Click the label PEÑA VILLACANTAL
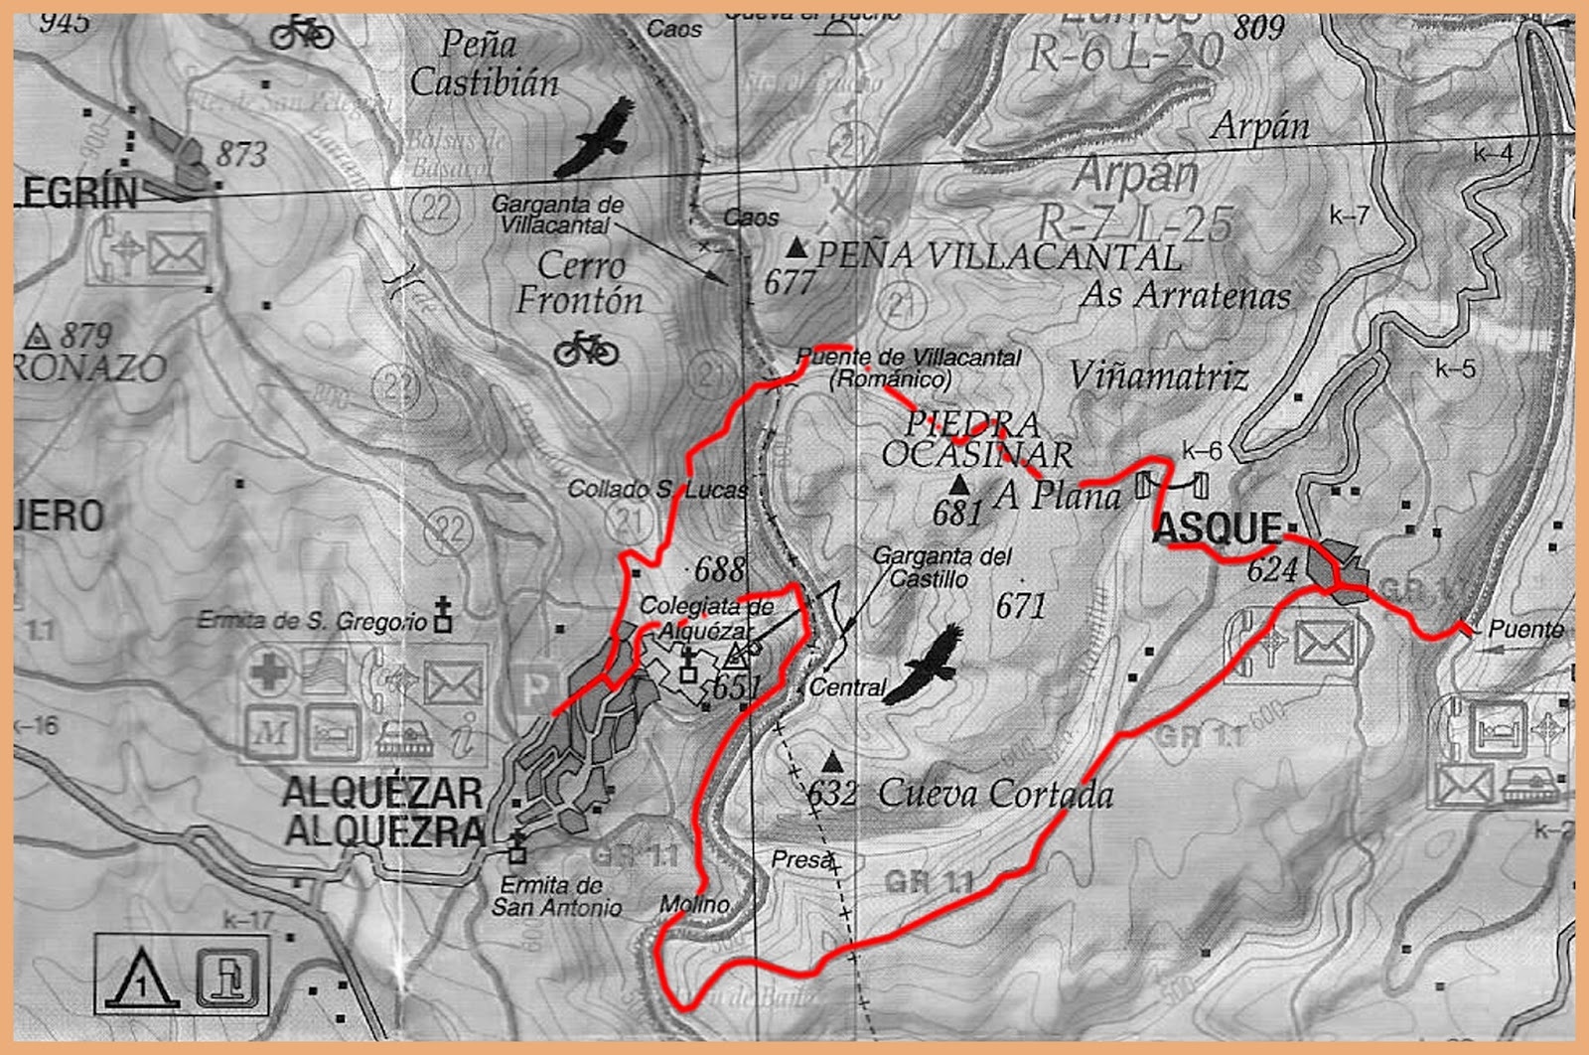click(x=998, y=256)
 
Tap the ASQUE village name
click(x=1218, y=527)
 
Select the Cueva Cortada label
click(x=995, y=794)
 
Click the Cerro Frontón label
click(x=580, y=283)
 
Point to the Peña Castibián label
click(x=484, y=64)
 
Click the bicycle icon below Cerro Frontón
click(x=586, y=349)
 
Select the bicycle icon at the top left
click(x=302, y=34)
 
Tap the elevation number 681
click(x=956, y=513)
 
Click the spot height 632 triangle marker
click(x=832, y=762)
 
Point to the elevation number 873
click(x=241, y=154)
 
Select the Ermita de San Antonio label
click(x=556, y=895)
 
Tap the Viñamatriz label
click(x=1158, y=376)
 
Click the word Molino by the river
click(x=694, y=904)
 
